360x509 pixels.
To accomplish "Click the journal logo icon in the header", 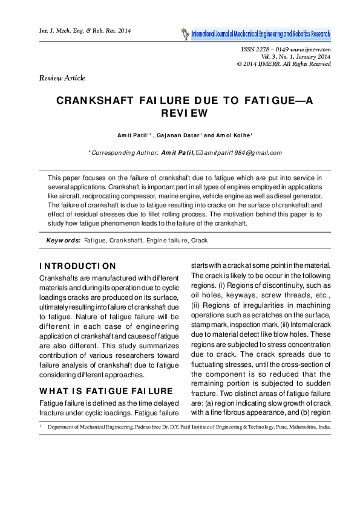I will [184, 34].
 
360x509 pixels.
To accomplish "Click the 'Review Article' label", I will [62, 78].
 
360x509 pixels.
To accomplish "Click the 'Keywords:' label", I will [64, 240].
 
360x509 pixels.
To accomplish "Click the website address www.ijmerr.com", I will [310, 50].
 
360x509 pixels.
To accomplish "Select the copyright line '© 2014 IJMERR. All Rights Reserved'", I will [284, 63].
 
